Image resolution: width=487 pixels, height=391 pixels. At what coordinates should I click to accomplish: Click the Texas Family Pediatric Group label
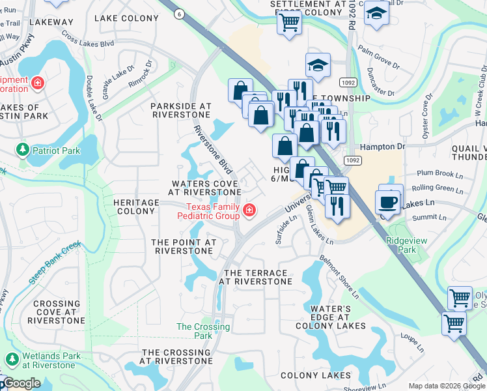pyautogui.click(x=208, y=211)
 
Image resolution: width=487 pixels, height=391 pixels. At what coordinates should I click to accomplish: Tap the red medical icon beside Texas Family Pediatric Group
pyautogui.click(x=249, y=210)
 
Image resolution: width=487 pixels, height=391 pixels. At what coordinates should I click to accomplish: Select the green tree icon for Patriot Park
pyautogui.click(x=23, y=150)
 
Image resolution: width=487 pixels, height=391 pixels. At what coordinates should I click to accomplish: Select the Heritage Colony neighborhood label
pyautogui.click(x=135, y=207)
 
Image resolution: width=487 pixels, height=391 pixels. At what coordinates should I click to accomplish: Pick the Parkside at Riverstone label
pyautogui.click(x=181, y=109)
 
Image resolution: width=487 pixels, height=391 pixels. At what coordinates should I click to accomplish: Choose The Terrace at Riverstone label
pyautogui.click(x=255, y=277)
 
